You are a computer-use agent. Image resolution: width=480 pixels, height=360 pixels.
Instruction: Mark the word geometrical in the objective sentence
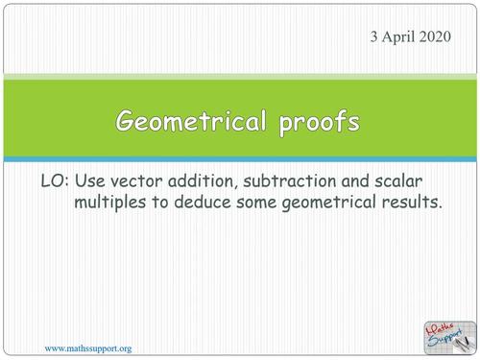[x=329, y=204]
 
